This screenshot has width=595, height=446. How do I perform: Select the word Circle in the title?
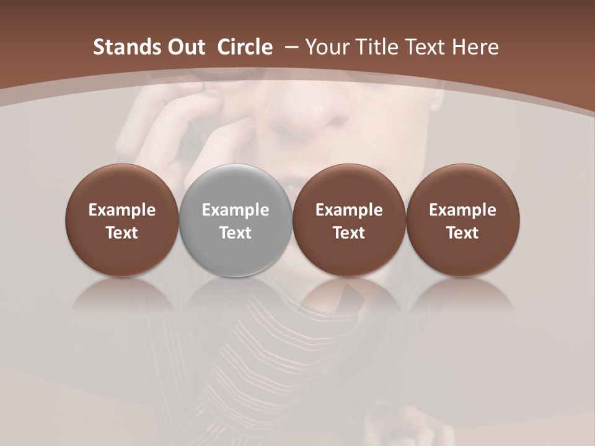[x=245, y=47]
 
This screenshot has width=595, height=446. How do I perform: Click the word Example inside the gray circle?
[x=236, y=210]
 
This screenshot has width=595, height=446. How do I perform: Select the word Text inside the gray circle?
[x=236, y=233]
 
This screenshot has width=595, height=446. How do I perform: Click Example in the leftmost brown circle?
[x=122, y=210]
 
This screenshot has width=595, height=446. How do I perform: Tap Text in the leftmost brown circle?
[x=122, y=233]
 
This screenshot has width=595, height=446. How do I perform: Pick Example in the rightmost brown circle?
[x=462, y=210]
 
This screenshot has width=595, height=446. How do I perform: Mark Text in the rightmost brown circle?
[x=462, y=233]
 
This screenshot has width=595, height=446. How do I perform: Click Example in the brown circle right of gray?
[x=349, y=210]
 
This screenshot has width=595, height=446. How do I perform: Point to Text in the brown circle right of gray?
[x=349, y=233]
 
